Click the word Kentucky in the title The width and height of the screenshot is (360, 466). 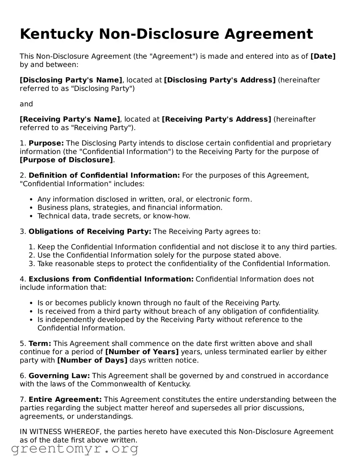[56, 34]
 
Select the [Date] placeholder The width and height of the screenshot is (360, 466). [323, 56]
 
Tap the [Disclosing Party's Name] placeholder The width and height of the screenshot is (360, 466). [71, 80]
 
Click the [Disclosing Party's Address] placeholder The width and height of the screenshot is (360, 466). [219, 80]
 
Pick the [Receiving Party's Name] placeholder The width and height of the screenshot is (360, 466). [70, 120]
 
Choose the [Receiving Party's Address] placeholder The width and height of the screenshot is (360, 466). [216, 120]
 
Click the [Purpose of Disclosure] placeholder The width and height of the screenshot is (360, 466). [66, 160]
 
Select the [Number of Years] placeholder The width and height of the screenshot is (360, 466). [142, 352]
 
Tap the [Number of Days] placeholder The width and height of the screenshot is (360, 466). [92, 361]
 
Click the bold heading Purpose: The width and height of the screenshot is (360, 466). [46, 143]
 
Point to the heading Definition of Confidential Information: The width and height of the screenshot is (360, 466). [104, 176]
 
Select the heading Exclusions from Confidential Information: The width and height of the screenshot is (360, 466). [111, 279]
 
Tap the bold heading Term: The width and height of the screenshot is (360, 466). [40, 344]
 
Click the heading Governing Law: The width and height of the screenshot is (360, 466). [59, 376]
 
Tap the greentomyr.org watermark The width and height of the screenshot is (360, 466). [75, 449]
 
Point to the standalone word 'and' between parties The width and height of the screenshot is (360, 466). [26, 104]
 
